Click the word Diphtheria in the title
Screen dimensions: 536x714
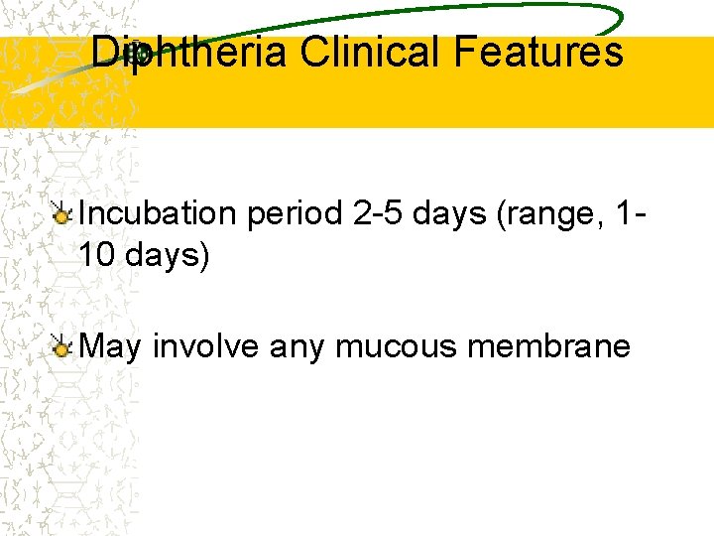coord(188,52)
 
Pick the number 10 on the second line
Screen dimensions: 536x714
coord(97,256)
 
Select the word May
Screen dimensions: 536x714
coord(111,345)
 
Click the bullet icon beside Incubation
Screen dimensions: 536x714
coord(62,213)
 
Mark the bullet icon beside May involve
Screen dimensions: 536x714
coord(62,346)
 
